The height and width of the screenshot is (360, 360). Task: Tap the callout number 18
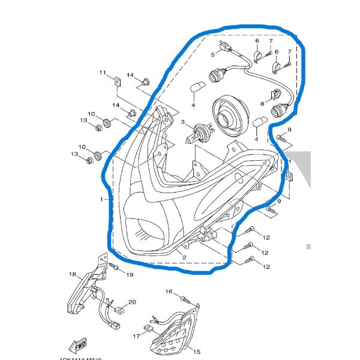(x=72, y=275)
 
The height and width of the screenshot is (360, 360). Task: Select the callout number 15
(x=196, y=352)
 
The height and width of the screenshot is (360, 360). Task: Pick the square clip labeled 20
(x=120, y=311)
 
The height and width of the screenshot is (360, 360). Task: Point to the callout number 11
(x=103, y=73)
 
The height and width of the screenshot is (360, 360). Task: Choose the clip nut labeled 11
(x=117, y=81)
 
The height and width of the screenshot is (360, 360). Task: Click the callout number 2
(x=184, y=257)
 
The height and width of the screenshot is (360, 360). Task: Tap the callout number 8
(x=262, y=104)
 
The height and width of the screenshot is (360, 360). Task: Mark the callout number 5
(x=212, y=55)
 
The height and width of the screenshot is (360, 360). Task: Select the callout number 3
(x=182, y=122)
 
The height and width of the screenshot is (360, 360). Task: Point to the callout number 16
(x=169, y=291)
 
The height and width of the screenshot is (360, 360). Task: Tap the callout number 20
(x=133, y=302)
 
